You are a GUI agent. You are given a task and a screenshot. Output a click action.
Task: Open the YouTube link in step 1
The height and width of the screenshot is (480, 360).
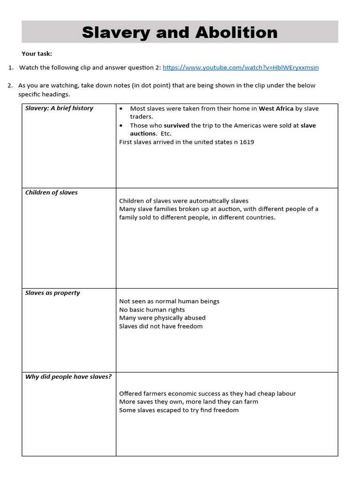[240, 67]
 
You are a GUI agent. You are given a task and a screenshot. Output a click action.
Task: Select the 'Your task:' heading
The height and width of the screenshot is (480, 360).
[37, 53]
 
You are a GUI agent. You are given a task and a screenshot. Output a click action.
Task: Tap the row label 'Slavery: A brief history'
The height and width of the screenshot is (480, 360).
[59, 108]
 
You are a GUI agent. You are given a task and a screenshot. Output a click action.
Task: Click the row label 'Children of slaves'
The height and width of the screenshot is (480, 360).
[52, 193]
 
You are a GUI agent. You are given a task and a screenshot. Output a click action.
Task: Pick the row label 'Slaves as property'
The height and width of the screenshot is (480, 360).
[52, 293]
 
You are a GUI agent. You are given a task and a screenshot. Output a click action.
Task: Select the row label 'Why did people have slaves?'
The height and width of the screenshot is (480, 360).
[68, 377]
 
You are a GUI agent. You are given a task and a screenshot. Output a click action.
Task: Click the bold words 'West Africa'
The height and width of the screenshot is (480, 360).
[276, 109]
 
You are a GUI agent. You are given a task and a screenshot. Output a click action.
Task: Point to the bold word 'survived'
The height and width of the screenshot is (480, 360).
[176, 126]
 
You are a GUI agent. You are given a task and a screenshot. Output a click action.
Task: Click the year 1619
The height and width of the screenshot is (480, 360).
[247, 142]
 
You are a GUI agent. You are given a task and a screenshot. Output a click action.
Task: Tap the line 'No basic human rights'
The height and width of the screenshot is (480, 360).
[152, 310]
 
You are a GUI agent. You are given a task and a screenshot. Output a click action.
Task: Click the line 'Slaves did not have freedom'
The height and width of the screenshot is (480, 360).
[161, 326]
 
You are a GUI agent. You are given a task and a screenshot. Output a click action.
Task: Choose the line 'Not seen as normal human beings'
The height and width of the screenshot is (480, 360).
[169, 301]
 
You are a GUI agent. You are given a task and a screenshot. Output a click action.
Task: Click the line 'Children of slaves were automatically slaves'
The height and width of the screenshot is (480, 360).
[184, 201]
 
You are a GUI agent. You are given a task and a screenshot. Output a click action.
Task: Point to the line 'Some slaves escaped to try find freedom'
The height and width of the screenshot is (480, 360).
[179, 410]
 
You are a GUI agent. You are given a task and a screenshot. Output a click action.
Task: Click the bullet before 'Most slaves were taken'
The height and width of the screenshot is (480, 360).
[122, 109]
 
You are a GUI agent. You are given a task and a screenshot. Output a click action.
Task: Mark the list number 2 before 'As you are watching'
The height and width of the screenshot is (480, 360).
[10, 85]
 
